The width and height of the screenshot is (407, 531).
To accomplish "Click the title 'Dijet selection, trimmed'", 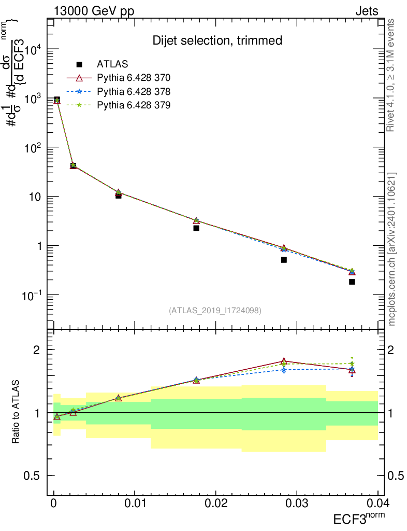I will pyautogui.click(x=217, y=40).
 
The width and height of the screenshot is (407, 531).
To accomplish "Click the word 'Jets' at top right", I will pyautogui.click(x=366, y=11).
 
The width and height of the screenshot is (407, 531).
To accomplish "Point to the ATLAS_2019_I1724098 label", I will pyautogui.click(x=214, y=311).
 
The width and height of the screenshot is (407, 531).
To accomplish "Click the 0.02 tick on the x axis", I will pyautogui.click(x=215, y=504).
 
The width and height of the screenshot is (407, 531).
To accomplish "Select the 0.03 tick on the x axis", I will pyautogui.click(x=296, y=504).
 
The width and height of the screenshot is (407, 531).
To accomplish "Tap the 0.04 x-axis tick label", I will pyautogui.click(x=377, y=504).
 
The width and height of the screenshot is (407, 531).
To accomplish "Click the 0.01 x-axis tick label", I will pyautogui.click(x=135, y=504).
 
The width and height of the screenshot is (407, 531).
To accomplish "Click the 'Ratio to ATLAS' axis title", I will pyautogui.click(x=16, y=412).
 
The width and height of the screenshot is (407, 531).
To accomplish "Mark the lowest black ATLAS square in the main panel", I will pyautogui.click(x=352, y=282).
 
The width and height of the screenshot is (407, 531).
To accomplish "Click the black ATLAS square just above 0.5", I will pyautogui.click(x=284, y=260).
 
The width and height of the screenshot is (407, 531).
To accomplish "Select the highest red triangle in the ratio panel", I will pyautogui.click(x=284, y=361).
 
